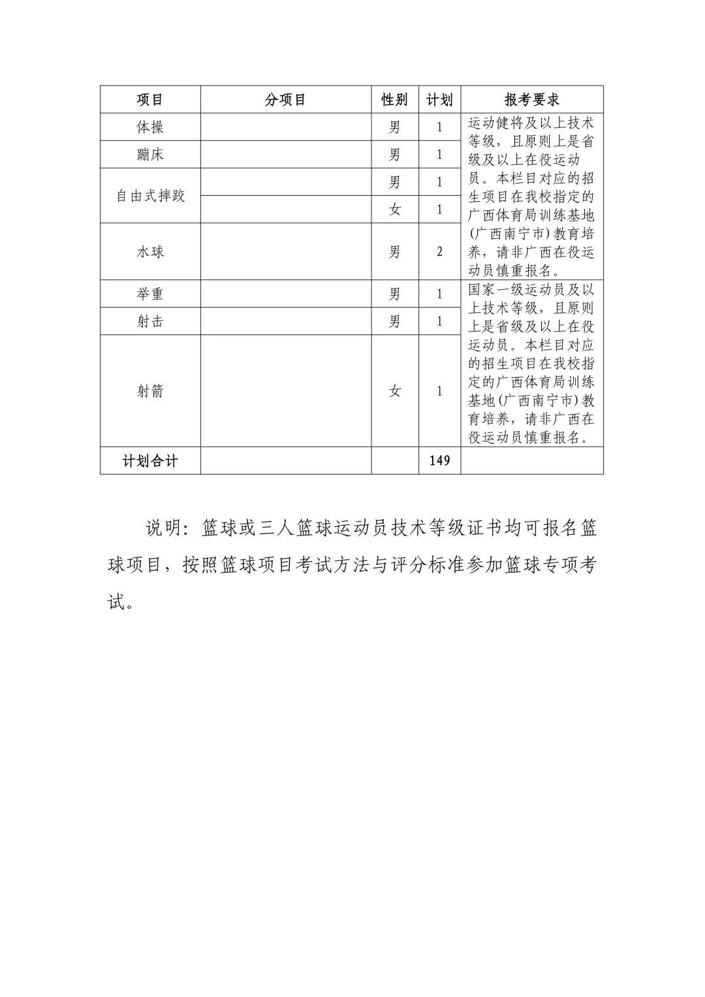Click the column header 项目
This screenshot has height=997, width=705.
click(149, 99)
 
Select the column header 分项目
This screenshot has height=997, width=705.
click(285, 99)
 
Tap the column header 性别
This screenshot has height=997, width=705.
click(394, 99)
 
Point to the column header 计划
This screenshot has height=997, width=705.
click(439, 99)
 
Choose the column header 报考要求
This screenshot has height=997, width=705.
click(531, 99)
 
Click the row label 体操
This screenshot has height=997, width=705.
click(149, 127)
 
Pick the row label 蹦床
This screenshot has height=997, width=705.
click(149, 155)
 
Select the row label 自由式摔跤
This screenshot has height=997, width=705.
click(150, 196)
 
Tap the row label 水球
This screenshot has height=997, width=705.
click(149, 252)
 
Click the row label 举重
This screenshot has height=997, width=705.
click(149, 294)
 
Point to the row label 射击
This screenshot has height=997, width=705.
click(149, 321)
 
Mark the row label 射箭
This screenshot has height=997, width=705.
click(149, 391)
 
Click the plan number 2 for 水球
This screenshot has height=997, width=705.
click(439, 252)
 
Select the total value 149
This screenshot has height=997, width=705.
click(439, 461)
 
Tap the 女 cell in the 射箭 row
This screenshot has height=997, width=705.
click(394, 391)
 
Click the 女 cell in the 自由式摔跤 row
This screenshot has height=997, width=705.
click(394, 210)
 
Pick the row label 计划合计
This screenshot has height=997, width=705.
click(149, 461)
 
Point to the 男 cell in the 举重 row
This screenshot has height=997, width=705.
click(394, 294)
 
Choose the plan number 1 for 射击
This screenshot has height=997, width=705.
click(439, 321)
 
